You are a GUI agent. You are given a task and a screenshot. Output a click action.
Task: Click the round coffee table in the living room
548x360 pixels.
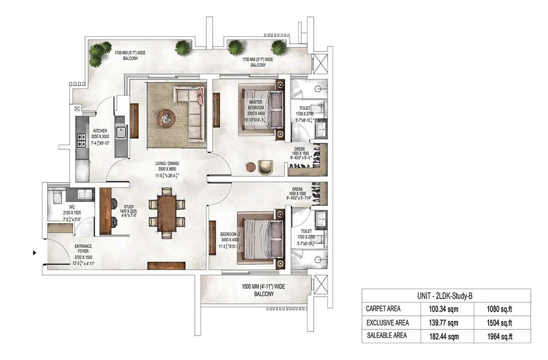click(166, 118)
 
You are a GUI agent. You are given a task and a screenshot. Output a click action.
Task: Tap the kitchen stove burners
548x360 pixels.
click(82, 140)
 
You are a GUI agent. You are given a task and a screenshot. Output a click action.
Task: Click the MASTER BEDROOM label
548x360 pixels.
click(256, 105)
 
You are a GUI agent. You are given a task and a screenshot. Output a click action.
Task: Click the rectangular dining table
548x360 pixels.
click(167, 211)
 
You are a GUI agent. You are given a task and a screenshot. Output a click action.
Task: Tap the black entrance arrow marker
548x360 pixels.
click(35, 253)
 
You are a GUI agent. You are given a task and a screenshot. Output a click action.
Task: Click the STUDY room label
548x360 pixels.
click(129, 206)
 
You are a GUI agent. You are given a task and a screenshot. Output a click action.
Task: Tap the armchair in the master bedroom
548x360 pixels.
click(267, 167)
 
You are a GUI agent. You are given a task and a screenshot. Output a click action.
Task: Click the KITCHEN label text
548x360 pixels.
click(100, 131)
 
